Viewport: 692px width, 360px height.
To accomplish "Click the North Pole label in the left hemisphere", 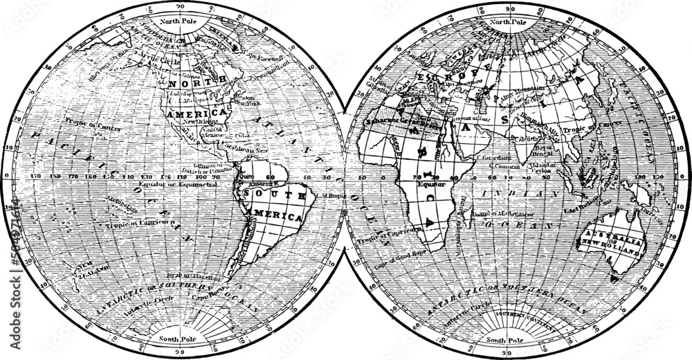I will pos(179,22).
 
